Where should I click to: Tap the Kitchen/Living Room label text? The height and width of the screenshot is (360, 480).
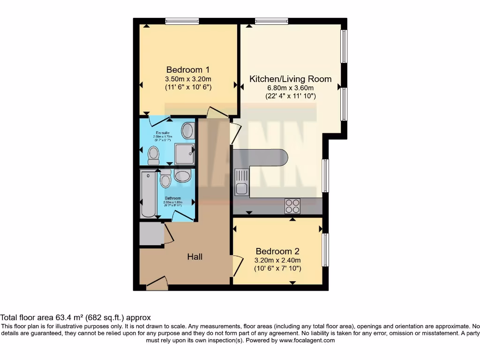290,79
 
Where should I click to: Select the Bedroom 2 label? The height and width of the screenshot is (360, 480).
277,251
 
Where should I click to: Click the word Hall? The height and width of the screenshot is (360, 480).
195,256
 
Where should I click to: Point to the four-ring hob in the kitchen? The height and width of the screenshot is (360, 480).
292,206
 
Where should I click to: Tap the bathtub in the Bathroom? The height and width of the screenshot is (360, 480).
148,195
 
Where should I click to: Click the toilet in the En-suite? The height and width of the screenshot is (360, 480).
153,155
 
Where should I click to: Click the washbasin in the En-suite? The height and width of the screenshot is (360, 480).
188,130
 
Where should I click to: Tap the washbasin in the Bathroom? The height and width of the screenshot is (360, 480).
182,176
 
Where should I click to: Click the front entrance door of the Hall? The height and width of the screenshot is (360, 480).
157,284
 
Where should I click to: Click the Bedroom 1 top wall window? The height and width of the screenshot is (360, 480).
182,21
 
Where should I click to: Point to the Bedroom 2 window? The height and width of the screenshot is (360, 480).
325,250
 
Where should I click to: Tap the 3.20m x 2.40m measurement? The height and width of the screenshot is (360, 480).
277,260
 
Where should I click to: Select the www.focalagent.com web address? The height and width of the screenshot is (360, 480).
307,340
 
